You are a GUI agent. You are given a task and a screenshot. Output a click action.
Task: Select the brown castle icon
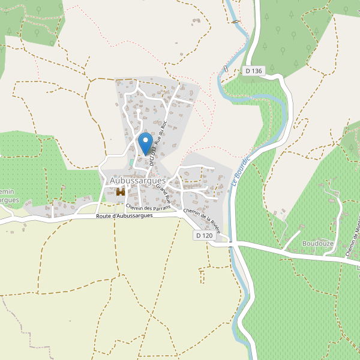pos(121,192)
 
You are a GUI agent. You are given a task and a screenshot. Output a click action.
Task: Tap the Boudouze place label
pos(317,244)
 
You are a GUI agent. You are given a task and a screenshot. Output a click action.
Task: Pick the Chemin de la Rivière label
pos(202,219)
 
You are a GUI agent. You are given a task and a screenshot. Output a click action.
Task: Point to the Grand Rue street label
pos(163,195)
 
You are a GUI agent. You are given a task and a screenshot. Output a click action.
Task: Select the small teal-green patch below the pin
pos(132,163)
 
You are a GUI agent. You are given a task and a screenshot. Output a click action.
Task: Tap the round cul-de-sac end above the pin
pos(139,110)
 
